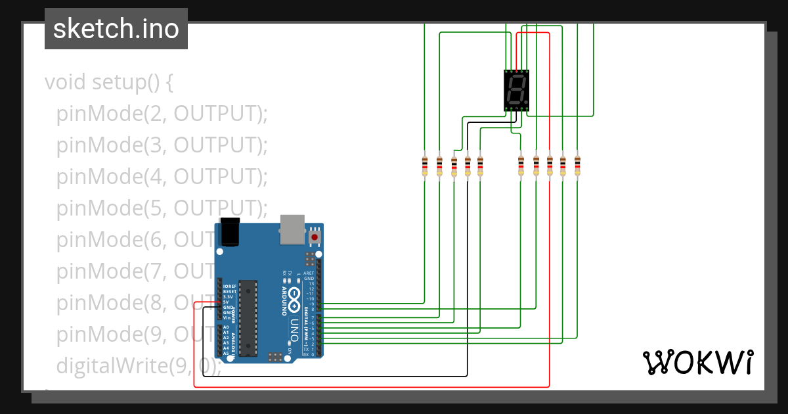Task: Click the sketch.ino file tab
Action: coord(116,29)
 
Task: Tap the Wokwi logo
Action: coord(697,362)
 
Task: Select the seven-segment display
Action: coord(517,91)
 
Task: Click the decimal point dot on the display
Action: coord(526,102)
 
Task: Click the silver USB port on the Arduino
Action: coord(293,229)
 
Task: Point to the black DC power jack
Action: coord(229,232)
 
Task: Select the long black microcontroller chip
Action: coord(248,318)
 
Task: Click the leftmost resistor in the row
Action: coord(424,166)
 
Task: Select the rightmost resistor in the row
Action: coord(577,166)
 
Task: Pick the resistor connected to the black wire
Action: coord(468,166)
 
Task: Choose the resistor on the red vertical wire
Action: coord(550,166)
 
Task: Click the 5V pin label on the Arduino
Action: coord(226,302)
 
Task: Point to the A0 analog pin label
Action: coord(226,327)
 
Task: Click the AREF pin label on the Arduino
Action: coord(309,273)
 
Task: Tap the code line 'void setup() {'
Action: coord(109,83)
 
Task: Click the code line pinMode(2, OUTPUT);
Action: coord(162,114)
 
